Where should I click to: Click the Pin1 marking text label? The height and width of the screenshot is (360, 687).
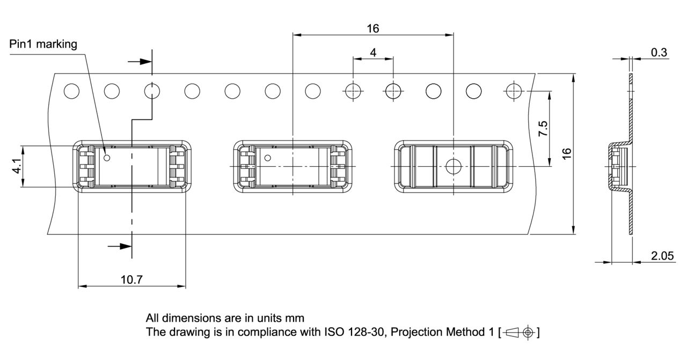pyautogui.click(x=43, y=45)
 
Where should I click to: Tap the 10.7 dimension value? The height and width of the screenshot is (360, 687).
pyautogui.click(x=131, y=280)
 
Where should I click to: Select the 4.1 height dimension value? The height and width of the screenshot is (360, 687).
pyautogui.click(x=18, y=166)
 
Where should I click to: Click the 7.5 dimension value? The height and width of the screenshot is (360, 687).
pyautogui.click(x=543, y=129)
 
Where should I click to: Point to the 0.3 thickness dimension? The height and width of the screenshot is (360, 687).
pyautogui.click(x=659, y=52)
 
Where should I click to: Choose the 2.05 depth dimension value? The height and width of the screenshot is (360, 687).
pyautogui.click(x=662, y=256)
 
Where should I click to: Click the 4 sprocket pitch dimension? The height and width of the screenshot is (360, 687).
pyautogui.click(x=373, y=53)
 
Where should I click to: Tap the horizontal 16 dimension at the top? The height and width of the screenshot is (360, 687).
pyautogui.click(x=373, y=28)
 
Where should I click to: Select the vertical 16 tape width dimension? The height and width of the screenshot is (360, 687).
pyautogui.click(x=567, y=153)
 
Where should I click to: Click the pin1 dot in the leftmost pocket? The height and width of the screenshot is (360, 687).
pyautogui.click(x=107, y=158)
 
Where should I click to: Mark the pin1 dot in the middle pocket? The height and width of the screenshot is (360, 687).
pyautogui.click(x=267, y=158)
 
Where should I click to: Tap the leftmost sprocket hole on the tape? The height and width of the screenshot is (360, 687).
pyautogui.click(x=71, y=91)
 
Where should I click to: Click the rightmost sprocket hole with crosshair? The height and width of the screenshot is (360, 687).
pyautogui.click(x=514, y=91)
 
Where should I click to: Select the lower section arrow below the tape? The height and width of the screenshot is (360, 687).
pyautogui.click(x=120, y=246)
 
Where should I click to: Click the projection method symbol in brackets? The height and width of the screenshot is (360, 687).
pyautogui.click(x=519, y=332)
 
